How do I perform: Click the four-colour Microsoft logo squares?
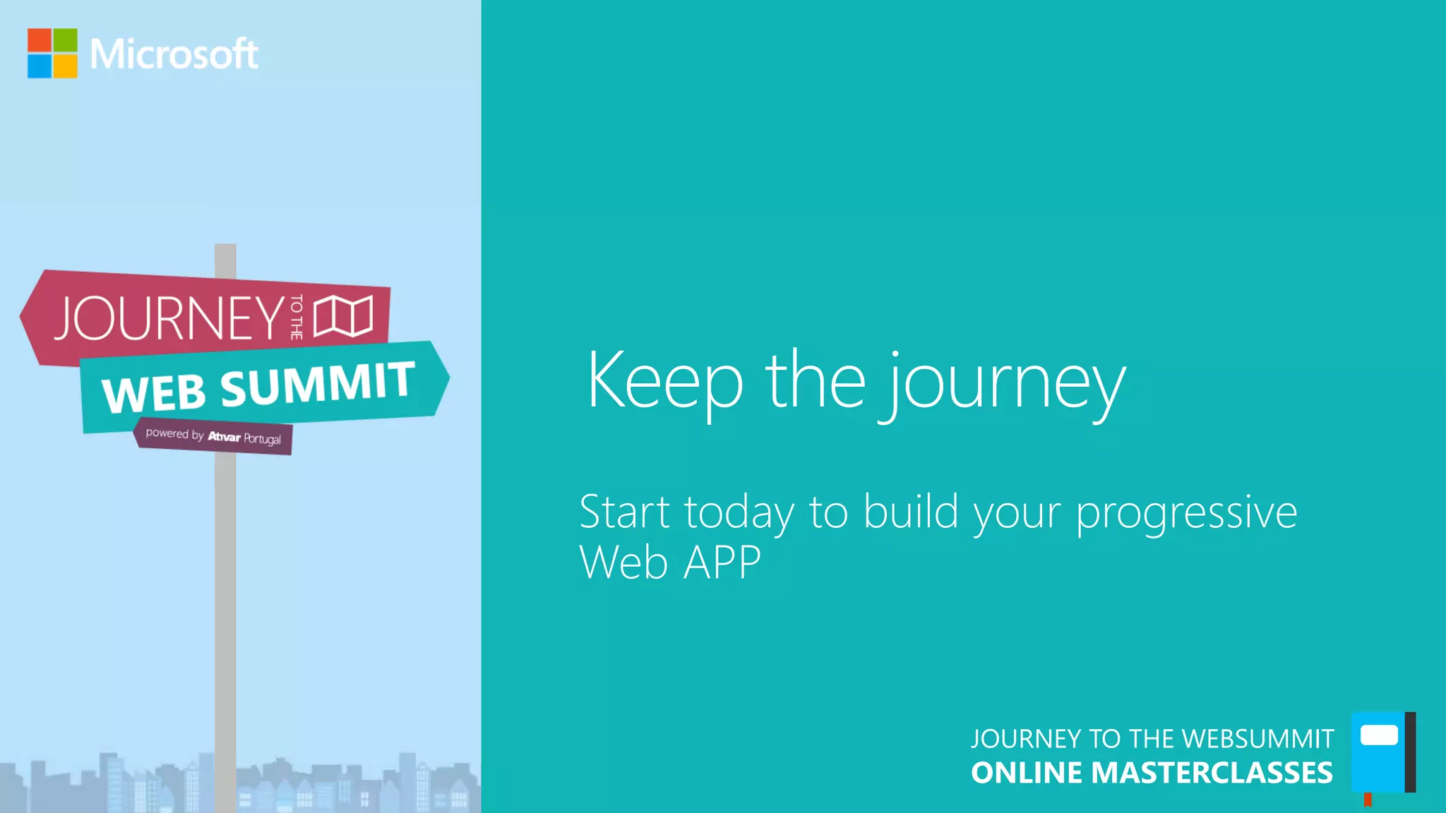click(x=52, y=53)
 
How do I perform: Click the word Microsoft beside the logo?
click(x=174, y=54)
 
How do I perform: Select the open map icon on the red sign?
click(x=343, y=315)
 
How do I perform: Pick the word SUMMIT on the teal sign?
click(x=317, y=383)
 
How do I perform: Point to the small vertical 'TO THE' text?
click(x=297, y=317)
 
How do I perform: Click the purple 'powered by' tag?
click(x=213, y=436)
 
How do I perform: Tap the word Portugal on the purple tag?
click(x=262, y=438)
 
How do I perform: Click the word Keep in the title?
click(x=664, y=380)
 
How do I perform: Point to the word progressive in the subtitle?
click(x=1186, y=514)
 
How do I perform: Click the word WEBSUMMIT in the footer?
click(x=1257, y=739)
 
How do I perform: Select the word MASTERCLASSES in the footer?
click(x=1212, y=773)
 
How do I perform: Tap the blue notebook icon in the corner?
click(x=1380, y=752)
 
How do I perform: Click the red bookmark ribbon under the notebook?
click(x=1368, y=800)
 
